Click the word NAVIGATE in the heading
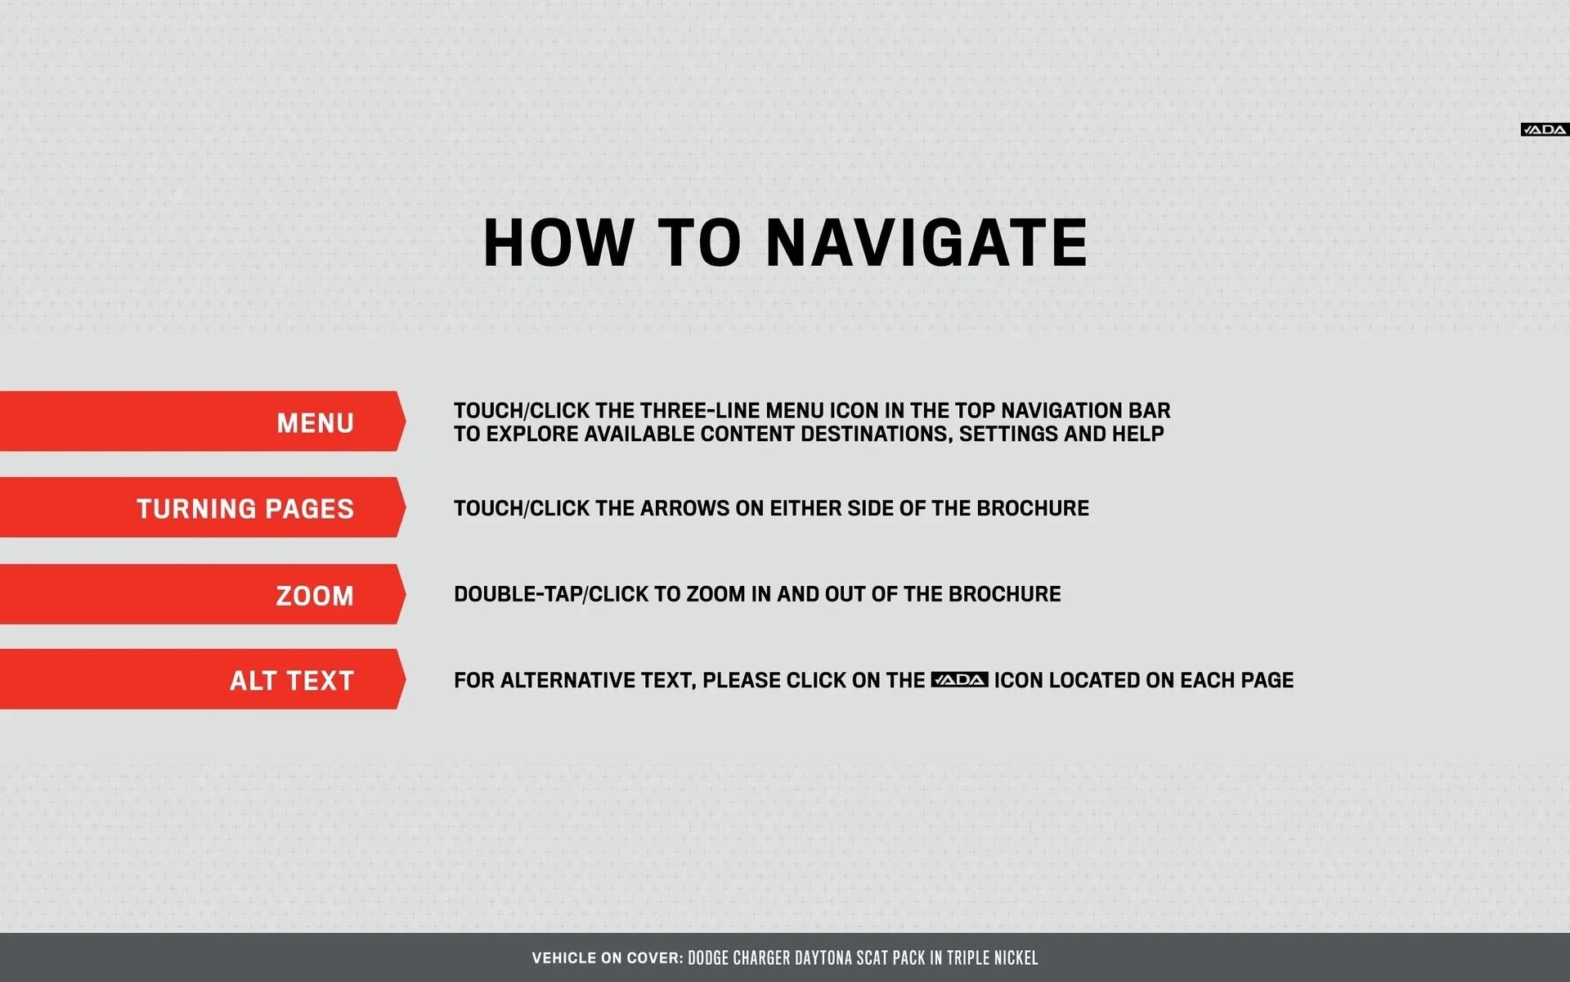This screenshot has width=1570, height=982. coord(926,243)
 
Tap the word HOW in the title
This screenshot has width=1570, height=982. coord(558,243)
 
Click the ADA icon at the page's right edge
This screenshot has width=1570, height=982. coord(1545,129)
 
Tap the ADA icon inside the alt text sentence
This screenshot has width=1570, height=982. coord(960,680)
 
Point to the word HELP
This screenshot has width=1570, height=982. coord(1137,434)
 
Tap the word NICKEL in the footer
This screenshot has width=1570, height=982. coord(1016,958)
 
